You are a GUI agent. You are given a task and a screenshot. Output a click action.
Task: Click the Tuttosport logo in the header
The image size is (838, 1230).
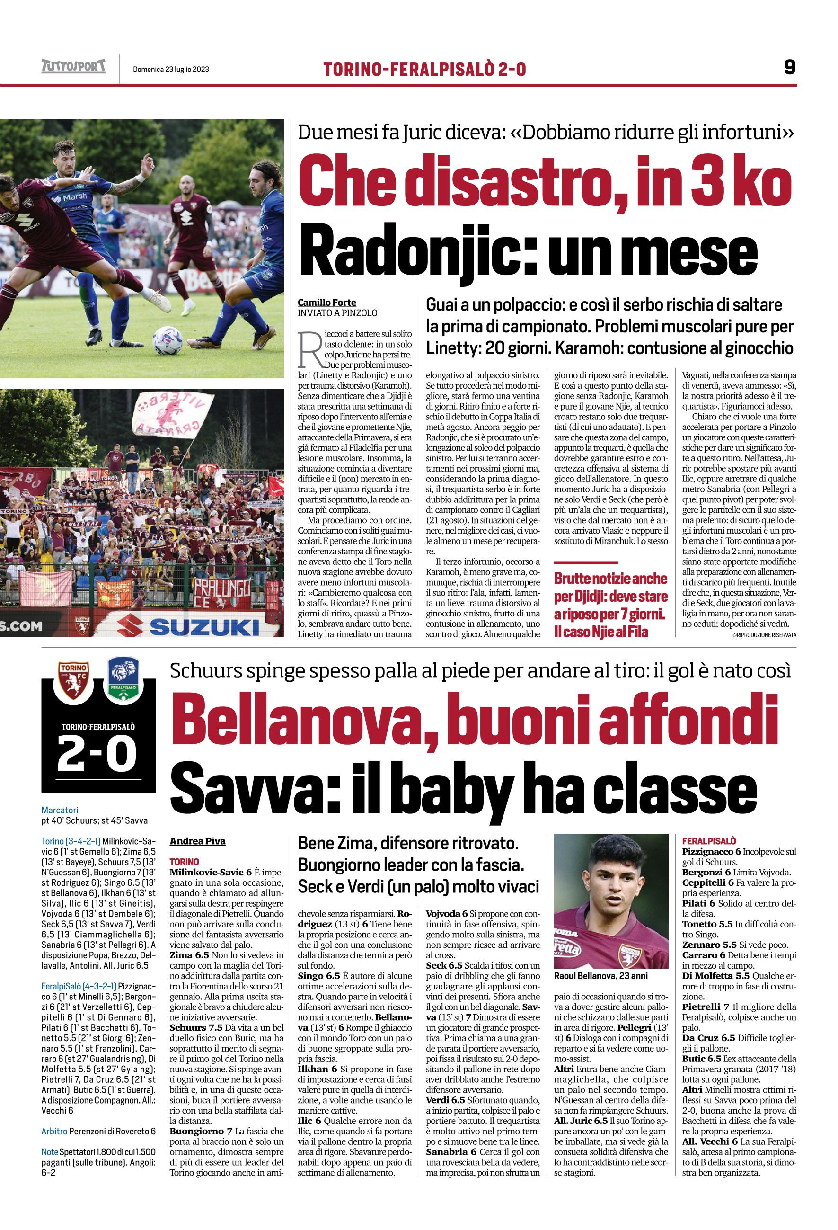coord(73,67)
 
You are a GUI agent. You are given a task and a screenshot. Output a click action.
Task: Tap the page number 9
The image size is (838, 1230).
coord(789,68)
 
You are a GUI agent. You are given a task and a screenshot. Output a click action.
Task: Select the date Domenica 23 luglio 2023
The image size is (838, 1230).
coord(171,69)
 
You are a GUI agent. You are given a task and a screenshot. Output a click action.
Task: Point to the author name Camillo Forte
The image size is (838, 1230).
coord(326,302)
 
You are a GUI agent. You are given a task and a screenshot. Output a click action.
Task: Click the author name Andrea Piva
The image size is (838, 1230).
coord(197,841)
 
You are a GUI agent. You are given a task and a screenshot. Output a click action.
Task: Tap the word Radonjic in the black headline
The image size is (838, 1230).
coord(420,251)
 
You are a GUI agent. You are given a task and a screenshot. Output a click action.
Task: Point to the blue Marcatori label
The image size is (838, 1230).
coord(60,810)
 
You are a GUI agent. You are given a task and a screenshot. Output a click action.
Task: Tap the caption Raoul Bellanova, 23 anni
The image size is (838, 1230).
coord(600,975)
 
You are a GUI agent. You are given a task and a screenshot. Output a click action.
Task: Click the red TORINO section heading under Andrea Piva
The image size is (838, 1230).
coord(184,862)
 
